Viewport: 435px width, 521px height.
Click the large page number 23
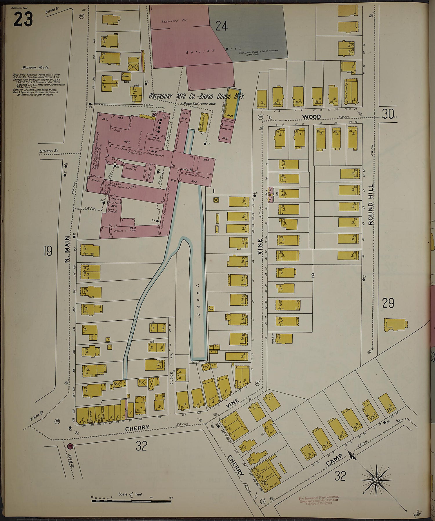[x=23, y=19]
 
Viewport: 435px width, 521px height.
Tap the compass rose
[x=376, y=480]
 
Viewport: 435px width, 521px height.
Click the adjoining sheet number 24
[x=221, y=27]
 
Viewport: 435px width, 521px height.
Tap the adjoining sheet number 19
[x=48, y=251]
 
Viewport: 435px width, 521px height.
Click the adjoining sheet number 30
[x=388, y=115]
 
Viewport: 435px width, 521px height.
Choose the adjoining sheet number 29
[x=388, y=303]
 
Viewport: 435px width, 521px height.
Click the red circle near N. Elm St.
[x=70, y=447]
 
